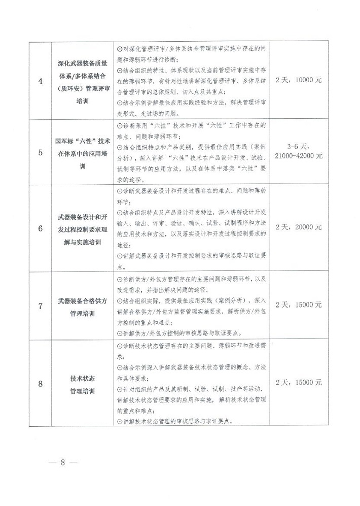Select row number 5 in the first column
[41, 152]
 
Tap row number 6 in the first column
[41, 228]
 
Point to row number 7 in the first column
[41, 306]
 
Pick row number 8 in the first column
[41, 383]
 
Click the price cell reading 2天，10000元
[298, 80]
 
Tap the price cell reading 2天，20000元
[298, 227]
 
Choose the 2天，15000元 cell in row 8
[298, 383]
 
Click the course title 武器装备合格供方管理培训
[82, 306]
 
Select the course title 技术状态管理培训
[82, 383]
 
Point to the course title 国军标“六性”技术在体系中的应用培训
[82, 152]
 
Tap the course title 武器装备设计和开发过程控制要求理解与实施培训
[82, 228]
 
